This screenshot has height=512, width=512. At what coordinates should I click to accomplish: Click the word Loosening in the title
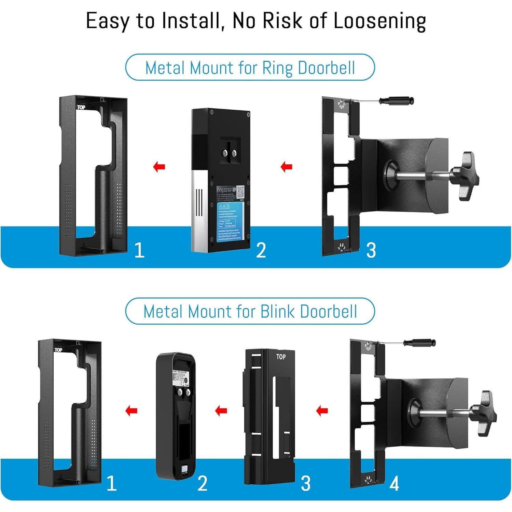(x=379, y=21)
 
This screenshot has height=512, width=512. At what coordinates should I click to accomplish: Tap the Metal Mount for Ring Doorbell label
(x=250, y=68)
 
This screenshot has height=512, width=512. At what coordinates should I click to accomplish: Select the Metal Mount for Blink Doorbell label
(x=250, y=311)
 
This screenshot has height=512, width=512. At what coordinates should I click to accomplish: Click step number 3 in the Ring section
(x=371, y=250)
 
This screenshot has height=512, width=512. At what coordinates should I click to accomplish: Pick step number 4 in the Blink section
(x=394, y=484)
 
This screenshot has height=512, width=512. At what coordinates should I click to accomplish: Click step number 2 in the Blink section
(x=202, y=484)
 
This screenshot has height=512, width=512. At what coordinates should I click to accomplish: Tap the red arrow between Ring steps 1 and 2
(x=159, y=167)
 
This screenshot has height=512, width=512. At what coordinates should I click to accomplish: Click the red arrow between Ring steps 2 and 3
(x=286, y=167)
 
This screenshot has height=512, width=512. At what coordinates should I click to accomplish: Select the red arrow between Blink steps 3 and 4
(x=322, y=411)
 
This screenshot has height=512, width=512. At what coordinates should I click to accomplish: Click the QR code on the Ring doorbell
(x=240, y=191)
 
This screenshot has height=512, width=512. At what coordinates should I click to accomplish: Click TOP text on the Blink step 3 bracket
(x=281, y=357)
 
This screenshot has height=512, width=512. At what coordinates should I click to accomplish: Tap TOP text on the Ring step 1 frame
(x=81, y=107)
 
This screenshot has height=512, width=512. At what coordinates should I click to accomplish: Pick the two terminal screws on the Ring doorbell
(x=230, y=154)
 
